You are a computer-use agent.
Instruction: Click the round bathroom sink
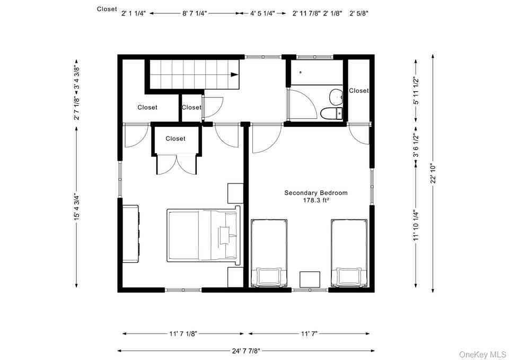336,97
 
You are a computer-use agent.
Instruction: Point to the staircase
193,74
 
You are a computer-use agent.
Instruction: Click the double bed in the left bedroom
203,235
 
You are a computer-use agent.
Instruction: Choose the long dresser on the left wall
131,233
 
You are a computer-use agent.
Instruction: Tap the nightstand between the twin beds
310,279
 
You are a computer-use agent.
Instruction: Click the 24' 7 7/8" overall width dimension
245,351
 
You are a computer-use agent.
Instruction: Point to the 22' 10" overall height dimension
434,173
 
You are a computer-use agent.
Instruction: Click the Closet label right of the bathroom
359,91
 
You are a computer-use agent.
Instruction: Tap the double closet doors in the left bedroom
176,164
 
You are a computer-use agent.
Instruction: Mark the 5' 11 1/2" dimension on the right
417,91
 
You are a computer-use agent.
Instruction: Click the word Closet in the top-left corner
107,9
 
